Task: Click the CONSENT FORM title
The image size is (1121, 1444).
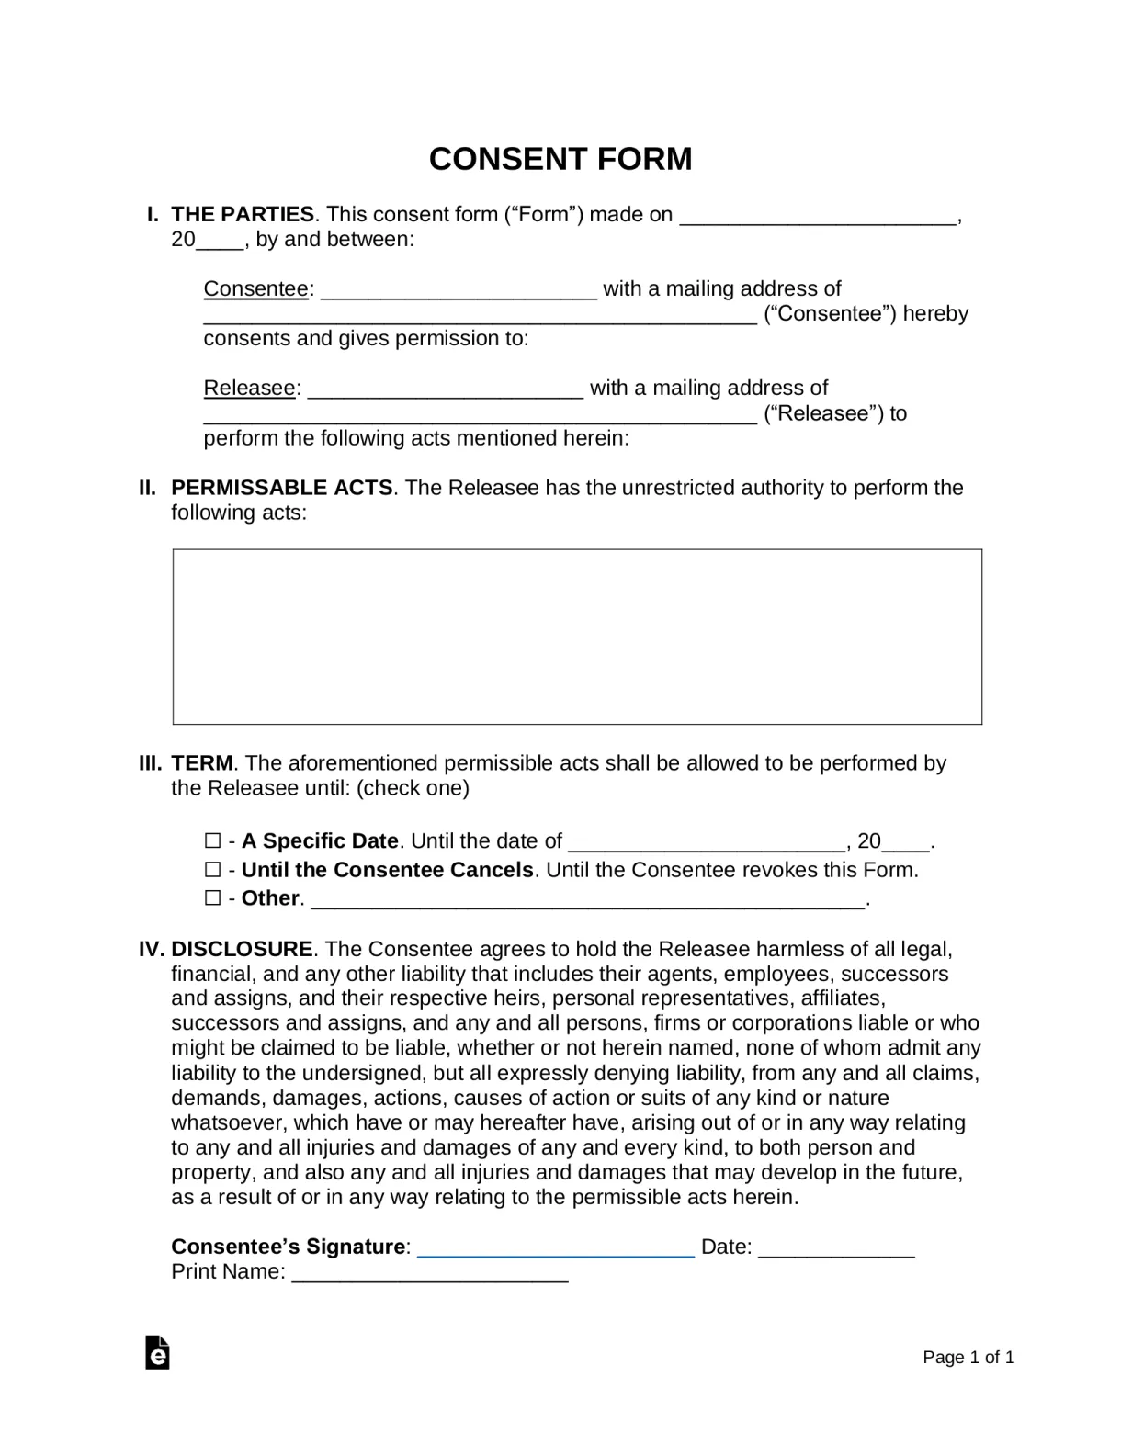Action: coord(560,159)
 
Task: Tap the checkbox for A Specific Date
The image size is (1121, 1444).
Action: coord(212,840)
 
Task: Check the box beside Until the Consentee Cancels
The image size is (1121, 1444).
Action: coord(212,869)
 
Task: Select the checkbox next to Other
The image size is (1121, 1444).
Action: coord(212,897)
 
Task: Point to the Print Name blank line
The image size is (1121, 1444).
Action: coord(430,1274)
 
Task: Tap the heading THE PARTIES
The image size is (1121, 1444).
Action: coord(243,214)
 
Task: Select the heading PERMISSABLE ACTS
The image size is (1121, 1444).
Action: coord(282,488)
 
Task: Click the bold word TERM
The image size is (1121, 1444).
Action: coord(202,763)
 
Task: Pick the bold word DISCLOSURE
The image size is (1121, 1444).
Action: coord(242,949)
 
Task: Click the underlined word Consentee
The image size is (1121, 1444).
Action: coord(255,289)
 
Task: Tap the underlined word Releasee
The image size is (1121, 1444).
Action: coord(249,389)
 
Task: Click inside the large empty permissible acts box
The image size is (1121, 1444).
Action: coord(577,637)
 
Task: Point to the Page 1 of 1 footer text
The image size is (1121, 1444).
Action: coord(968,1357)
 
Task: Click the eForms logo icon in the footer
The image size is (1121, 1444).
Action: coord(157,1352)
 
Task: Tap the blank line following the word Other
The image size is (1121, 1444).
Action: coord(588,900)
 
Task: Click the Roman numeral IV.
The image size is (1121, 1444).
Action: coord(151,949)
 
